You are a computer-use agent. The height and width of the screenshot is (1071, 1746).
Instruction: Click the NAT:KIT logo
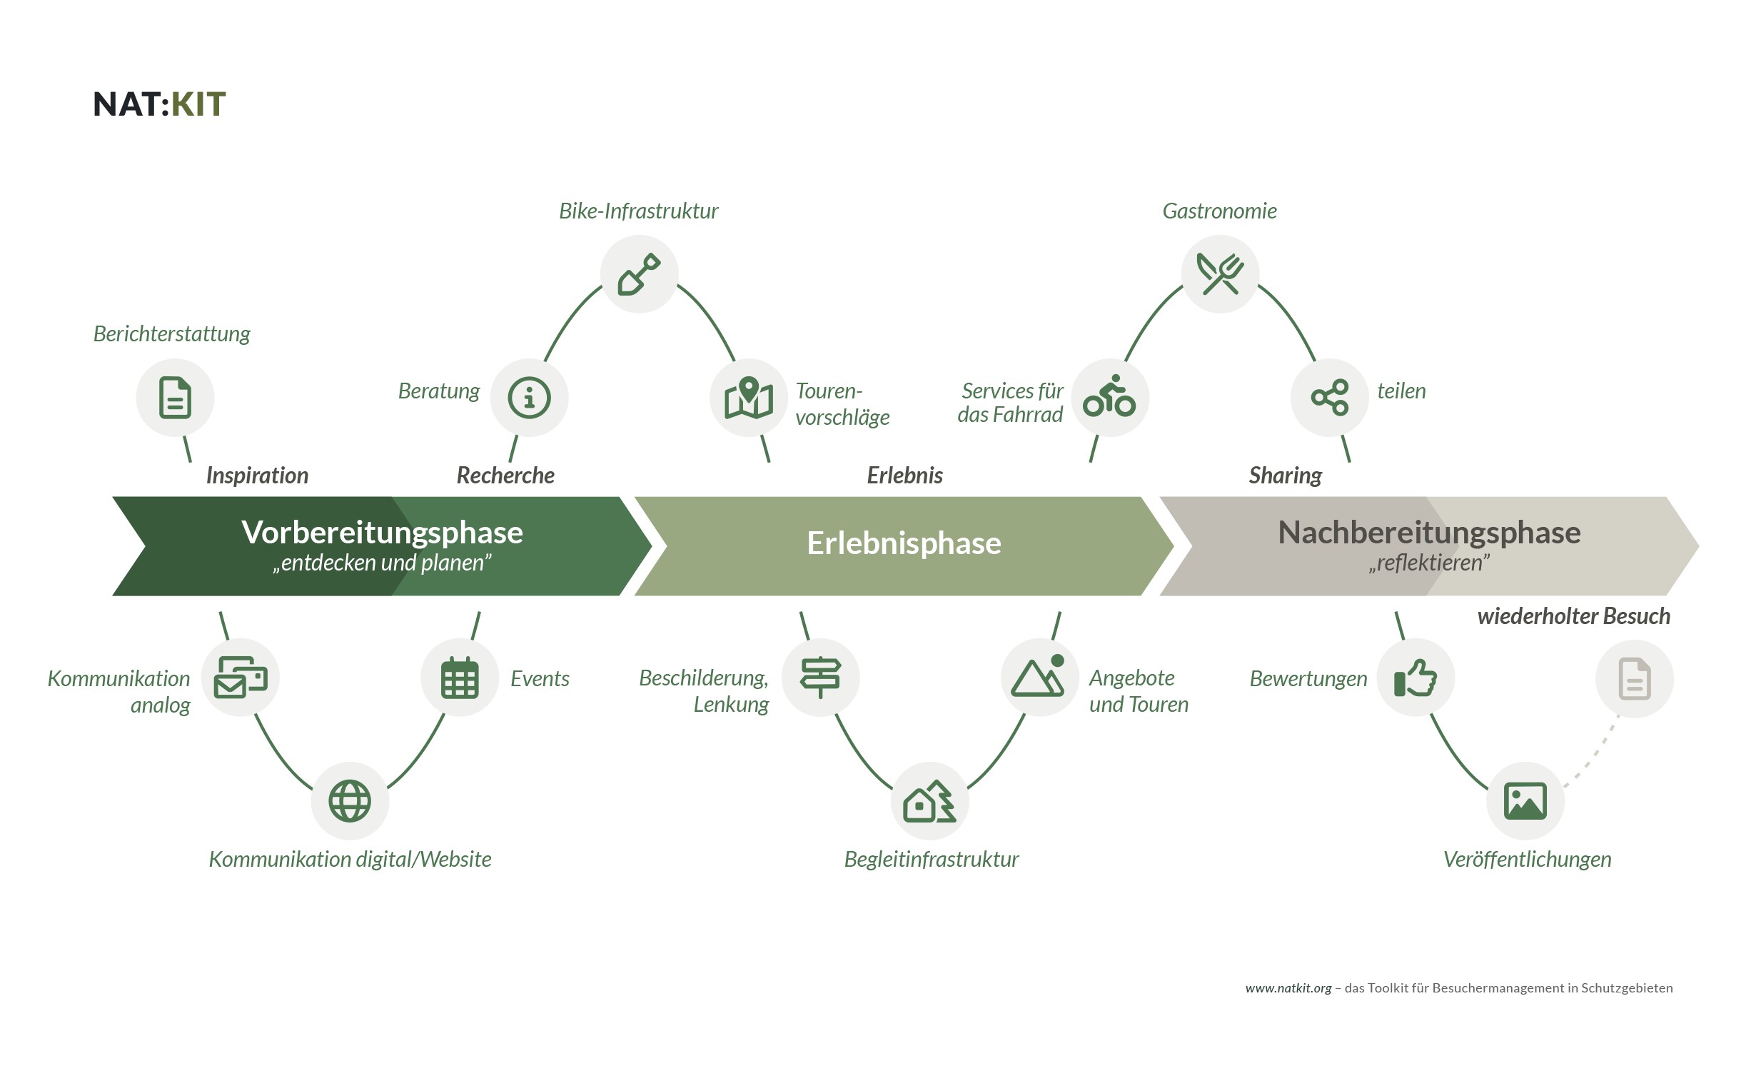click(x=159, y=104)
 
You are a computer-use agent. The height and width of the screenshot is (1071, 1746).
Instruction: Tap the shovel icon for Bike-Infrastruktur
click(x=639, y=273)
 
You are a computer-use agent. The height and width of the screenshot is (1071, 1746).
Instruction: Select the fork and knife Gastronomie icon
click(x=1220, y=273)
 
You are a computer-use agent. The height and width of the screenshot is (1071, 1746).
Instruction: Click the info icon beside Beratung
click(x=529, y=398)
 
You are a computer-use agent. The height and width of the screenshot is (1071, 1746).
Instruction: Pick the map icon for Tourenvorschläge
click(x=749, y=398)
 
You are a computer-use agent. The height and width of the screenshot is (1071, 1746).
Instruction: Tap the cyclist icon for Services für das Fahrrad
click(x=1109, y=398)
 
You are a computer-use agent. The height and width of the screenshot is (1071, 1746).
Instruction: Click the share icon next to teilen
click(x=1329, y=398)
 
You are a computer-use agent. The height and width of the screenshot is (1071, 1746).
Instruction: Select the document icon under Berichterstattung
click(x=175, y=398)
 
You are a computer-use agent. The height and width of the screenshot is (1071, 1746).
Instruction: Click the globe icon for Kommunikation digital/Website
click(x=350, y=801)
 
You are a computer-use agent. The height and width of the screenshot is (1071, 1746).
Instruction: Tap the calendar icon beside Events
click(x=460, y=678)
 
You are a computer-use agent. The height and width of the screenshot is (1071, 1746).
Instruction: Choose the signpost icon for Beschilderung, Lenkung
click(x=820, y=678)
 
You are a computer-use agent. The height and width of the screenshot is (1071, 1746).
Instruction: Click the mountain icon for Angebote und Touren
click(x=1039, y=678)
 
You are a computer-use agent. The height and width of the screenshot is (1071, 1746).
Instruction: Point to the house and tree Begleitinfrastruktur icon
click(x=929, y=801)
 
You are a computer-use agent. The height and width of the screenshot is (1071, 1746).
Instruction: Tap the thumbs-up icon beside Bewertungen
click(x=1416, y=678)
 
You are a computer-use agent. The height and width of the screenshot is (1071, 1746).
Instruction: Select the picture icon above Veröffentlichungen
click(x=1525, y=801)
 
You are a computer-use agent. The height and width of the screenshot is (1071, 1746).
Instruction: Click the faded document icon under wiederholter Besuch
click(x=1635, y=679)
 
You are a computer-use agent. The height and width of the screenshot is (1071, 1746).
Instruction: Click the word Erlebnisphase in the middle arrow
click(x=904, y=543)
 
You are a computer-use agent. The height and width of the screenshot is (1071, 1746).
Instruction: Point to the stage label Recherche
click(x=505, y=476)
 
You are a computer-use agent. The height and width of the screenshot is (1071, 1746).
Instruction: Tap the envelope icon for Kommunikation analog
click(x=241, y=678)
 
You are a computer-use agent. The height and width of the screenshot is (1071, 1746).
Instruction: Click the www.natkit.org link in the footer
click(x=1288, y=988)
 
